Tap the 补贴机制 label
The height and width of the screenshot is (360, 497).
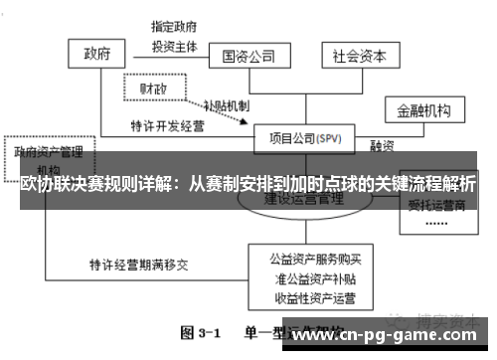pos(226,105)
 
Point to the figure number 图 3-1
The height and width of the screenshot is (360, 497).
pos(203,331)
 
